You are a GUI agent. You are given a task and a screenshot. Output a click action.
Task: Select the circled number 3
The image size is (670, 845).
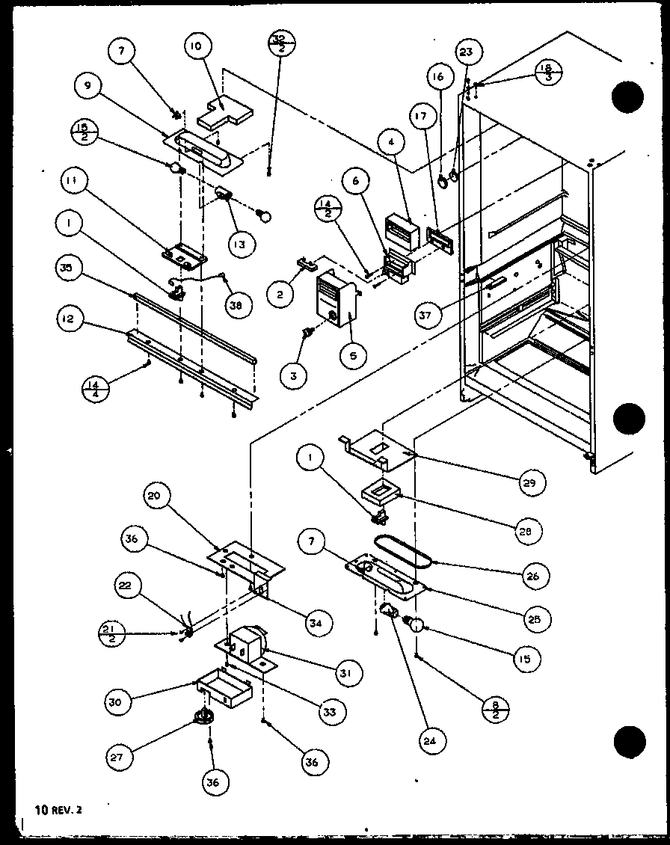point(293,376)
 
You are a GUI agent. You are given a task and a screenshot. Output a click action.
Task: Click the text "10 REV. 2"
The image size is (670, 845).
point(61,808)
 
